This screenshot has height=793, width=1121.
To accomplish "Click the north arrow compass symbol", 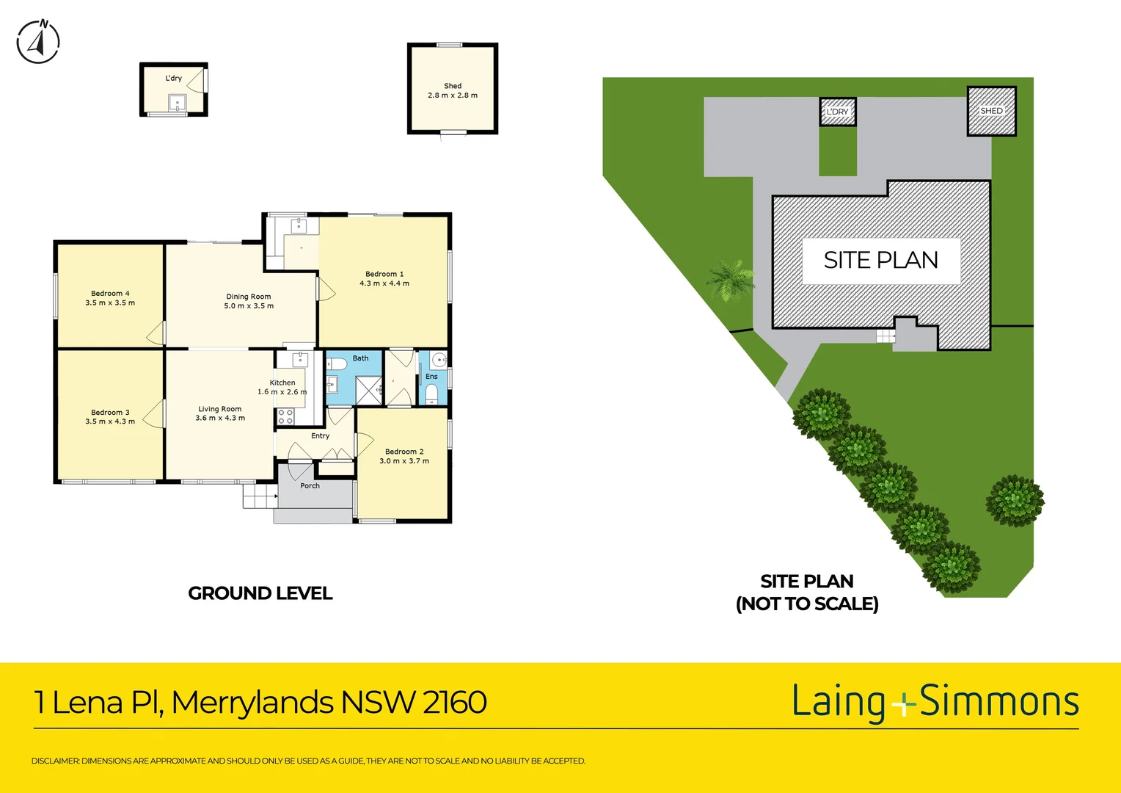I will coord(38,42).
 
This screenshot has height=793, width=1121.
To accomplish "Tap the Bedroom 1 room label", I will coord(384,274).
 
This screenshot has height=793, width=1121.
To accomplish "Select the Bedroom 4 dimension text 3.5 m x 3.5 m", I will coord(110,303).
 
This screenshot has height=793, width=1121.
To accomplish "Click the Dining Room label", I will coord(249,297).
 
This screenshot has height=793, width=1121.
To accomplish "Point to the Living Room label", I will coord(219,409).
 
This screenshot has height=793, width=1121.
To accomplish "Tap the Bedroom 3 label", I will coord(110,413).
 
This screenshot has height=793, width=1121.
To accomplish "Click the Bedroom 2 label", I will coord(404,452).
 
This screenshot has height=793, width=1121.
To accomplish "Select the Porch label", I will coord(310,486).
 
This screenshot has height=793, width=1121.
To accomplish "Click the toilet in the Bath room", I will coord(337,364).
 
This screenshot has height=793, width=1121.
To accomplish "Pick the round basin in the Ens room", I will coord(439,360).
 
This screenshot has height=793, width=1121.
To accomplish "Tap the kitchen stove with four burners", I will coord(285,417).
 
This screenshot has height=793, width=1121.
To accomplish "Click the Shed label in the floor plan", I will coord(453,86).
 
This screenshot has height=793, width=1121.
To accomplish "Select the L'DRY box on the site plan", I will coord(837,112).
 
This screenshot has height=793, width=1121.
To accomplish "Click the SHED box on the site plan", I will coord(991,111).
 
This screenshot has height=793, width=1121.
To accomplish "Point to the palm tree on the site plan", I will coord(730,280).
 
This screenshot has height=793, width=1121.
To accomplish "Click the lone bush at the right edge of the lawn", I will coord(1015,501).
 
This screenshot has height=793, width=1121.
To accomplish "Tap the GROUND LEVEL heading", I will coord(260,593).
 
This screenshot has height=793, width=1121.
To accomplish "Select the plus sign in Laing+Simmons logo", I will coord(904,704).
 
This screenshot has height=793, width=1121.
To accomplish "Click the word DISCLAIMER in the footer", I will coord(55,761).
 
